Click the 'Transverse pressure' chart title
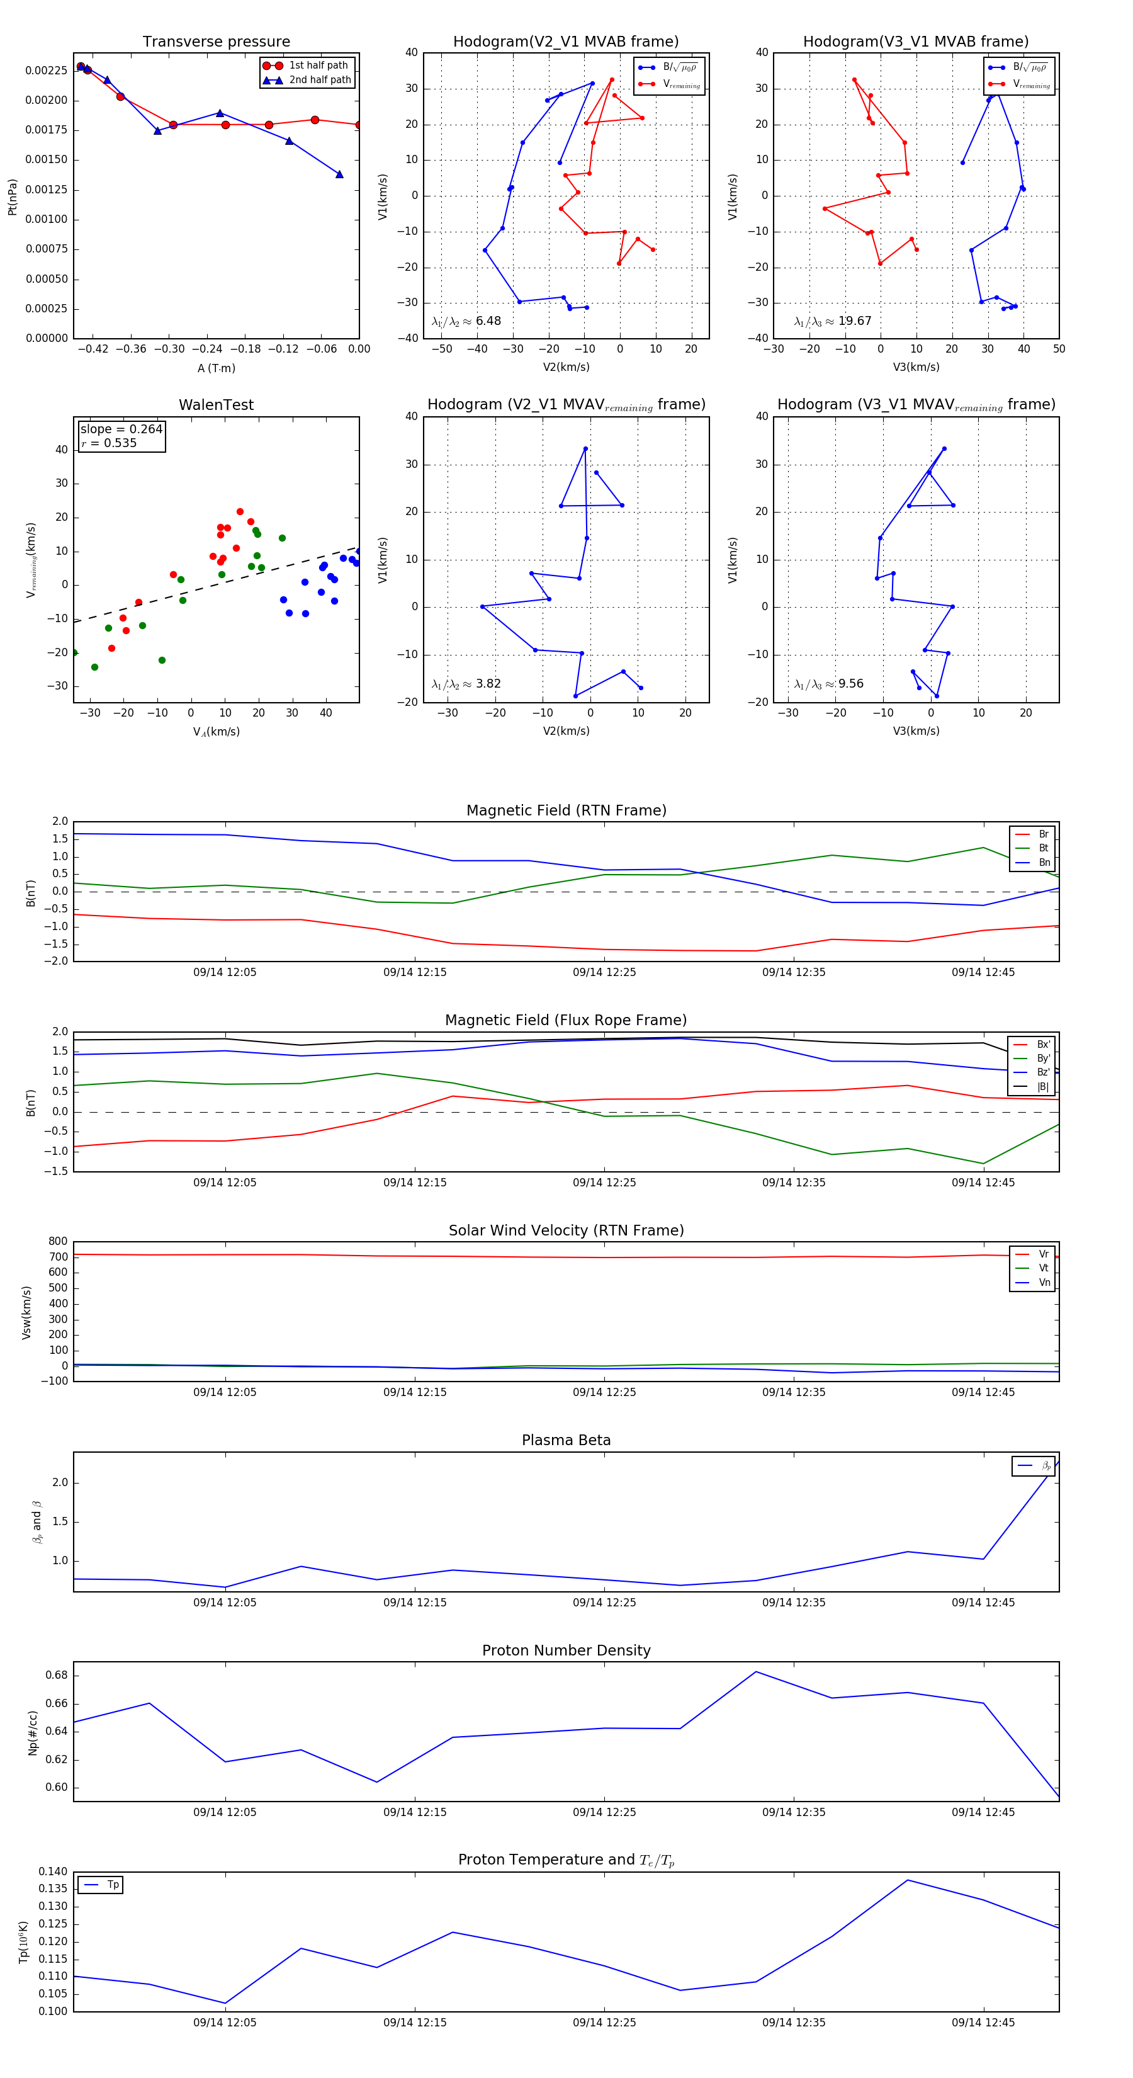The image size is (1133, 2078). tap(216, 42)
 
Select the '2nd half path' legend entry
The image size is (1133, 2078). tap(319, 80)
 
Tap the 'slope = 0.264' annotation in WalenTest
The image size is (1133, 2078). tap(121, 429)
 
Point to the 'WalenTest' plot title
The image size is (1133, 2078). tap(216, 405)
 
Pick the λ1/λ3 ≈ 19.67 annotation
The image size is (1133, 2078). tap(832, 321)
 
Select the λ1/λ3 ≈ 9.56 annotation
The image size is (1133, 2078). tap(828, 684)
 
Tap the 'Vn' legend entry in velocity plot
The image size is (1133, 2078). tap(1044, 1283)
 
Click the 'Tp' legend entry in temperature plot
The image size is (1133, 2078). tap(112, 1885)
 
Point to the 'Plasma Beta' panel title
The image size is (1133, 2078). tap(566, 1441)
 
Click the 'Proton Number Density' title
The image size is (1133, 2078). tap(566, 1650)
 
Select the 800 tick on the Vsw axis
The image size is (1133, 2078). tap(57, 1242)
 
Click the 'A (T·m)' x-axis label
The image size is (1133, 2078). tap(216, 368)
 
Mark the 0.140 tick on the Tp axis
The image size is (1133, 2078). tap(54, 1871)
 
